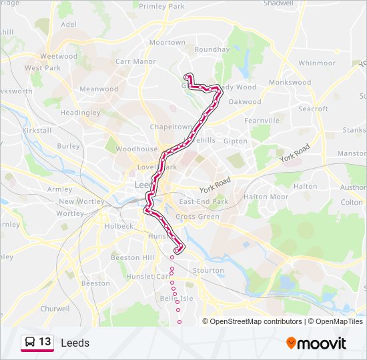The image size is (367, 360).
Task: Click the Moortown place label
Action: point(167,43)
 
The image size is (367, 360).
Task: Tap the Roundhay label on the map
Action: point(212,49)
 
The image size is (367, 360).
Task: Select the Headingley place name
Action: point(80,113)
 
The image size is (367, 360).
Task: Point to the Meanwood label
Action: point(99,89)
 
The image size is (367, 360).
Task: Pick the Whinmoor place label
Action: point(316,63)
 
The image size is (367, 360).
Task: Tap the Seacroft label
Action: point(313,109)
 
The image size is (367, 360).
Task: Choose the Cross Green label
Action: point(198,217)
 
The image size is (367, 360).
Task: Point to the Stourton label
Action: point(208,271)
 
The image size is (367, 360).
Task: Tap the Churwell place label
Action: point(55,309)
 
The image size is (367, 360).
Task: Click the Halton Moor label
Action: point(266,197)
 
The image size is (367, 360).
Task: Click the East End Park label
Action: point(204,202)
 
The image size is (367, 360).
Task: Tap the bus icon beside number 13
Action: point(30,342)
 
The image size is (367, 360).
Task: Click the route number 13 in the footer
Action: point(45,342)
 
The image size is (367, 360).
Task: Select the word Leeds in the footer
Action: point(75,343)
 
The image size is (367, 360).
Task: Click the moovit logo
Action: point(316,343)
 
